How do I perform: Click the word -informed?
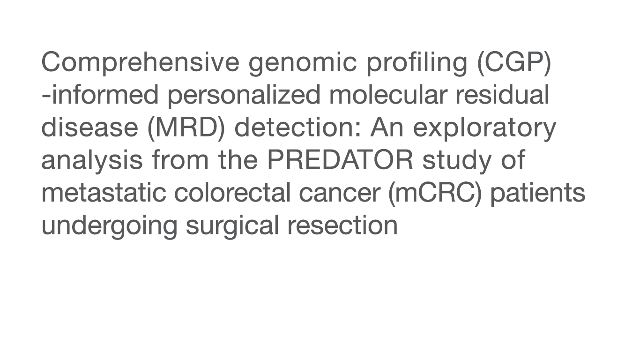pos(100,95)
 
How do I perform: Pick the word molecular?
pos(388,95)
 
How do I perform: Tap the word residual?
pos(502,95)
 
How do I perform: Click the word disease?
pos(90,127)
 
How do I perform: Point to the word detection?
pos(298,127)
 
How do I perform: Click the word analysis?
pos(92,161)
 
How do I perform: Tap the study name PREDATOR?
pos(340,160)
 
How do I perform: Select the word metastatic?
pos(104,193)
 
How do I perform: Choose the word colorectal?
pos(232,193)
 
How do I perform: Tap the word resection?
pos(342,225)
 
